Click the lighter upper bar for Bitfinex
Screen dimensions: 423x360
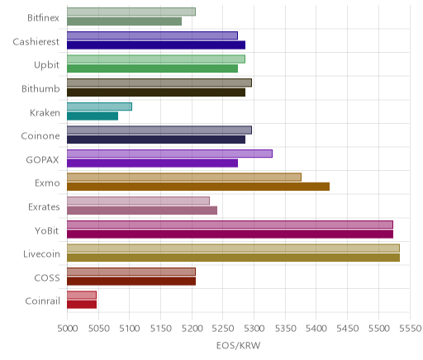point(131,12)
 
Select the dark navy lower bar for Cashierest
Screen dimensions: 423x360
point(156,45)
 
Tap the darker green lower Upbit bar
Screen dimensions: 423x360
point(152,69)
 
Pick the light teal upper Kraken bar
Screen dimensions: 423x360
point(99,107)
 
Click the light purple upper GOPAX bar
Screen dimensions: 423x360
point(169,154)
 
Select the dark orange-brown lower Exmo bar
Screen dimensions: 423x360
point(198,187)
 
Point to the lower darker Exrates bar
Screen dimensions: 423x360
point(142,211)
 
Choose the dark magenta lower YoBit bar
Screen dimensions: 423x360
point(230,234)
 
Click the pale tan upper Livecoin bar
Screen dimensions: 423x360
point(233,249)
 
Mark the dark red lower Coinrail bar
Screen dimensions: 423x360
point(82,305)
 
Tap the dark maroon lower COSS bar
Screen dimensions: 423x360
point(131,282)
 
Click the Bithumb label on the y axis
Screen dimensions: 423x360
point(40,88)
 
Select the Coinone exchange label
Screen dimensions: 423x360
point(40,135)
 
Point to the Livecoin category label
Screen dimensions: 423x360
point(41,253)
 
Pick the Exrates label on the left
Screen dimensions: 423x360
point(44,206)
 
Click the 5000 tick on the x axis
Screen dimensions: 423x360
point(68,328)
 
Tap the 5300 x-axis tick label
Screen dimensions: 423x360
point(254,328)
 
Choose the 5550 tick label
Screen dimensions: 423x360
point(411,328)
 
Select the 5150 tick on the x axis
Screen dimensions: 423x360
point(161,328)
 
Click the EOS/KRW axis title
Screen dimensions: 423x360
point(238,345)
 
